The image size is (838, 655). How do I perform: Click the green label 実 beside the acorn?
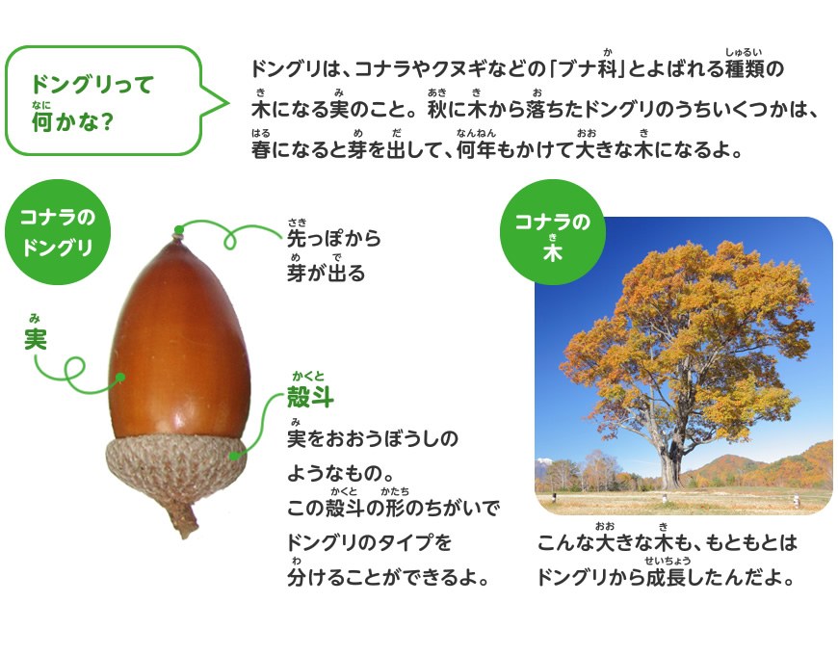pyautogui.click(x=36, y=338)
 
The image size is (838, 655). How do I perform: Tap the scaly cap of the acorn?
pyautogui.click(x=175, y=467)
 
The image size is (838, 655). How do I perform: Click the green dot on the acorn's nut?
pyautogui.click(x=121, y=378)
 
